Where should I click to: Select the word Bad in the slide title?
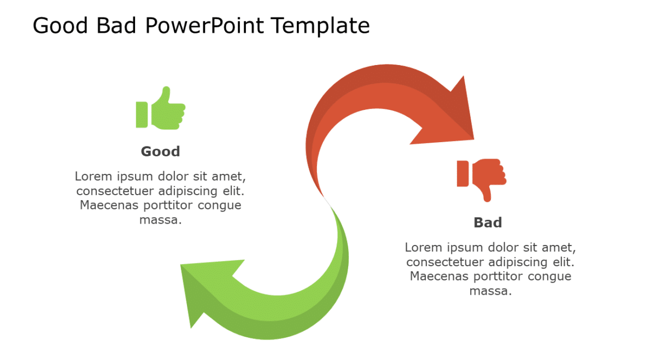[124, 26]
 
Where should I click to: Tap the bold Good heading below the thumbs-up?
[160, 151]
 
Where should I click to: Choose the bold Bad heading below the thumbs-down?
[488, 223]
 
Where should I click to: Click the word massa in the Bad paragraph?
[490, 291]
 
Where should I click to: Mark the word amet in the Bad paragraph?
[560, 247]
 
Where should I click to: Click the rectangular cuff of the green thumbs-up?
[142, 115]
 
